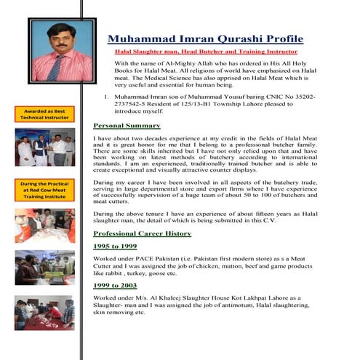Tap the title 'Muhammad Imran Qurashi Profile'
[x=205, y=39]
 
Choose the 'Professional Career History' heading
[x=143, y=233]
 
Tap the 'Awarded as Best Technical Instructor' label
[x=44, y=113]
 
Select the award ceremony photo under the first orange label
[x=44, y=147]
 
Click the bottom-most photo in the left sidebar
[x=44, y=313]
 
